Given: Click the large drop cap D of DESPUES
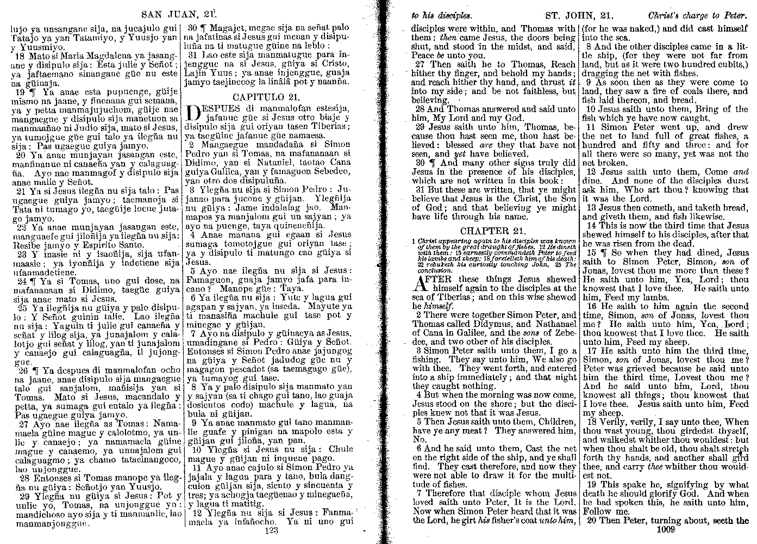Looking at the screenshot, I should click(193, 112).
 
